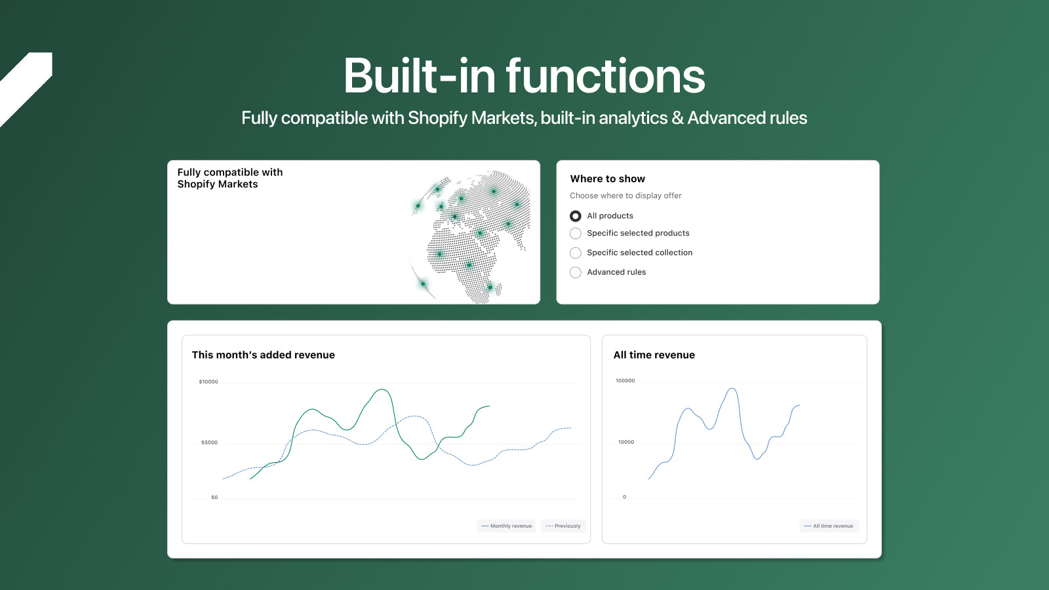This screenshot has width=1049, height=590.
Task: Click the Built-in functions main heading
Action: click(524, 75)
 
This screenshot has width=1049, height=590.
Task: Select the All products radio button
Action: click(576, 216)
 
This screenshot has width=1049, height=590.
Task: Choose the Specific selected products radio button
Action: click(576, 233)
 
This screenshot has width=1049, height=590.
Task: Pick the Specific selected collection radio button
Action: click(576, 253)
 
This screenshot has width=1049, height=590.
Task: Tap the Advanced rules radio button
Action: click(576, 272)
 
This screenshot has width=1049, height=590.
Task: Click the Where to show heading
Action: click(607, 179)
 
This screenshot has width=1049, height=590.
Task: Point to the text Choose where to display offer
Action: click(625, 196)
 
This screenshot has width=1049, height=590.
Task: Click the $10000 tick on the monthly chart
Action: click(208, 382)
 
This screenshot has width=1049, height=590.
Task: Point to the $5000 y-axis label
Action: click(209, 442)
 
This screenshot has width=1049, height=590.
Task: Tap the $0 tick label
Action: click(214, 498)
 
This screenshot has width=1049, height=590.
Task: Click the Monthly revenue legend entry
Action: click(506, 526)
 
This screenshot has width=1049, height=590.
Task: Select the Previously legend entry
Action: click(563, 526)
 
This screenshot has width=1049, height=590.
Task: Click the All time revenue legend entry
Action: click(829, 526)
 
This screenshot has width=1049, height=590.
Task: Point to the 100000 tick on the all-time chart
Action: click(625, 381)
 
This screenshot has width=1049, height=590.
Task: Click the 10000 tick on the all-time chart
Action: click(626, 442)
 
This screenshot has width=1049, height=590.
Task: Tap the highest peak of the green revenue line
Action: click(383, 389)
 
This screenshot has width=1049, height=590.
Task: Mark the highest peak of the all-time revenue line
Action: click(732, 389)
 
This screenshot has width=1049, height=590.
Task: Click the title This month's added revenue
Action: click(263, 355)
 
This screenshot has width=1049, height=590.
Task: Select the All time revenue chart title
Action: click(654, 355)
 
